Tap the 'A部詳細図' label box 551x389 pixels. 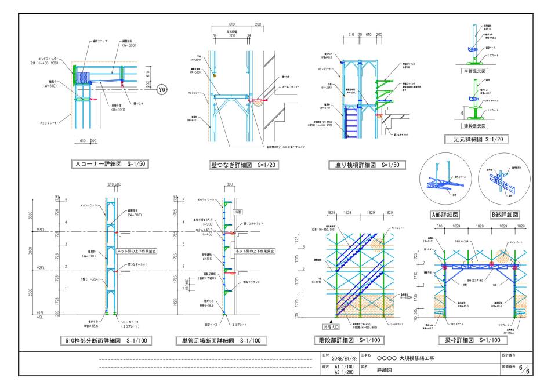[x=445, y=214]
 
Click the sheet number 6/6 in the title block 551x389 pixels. [x=525, y=369]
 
